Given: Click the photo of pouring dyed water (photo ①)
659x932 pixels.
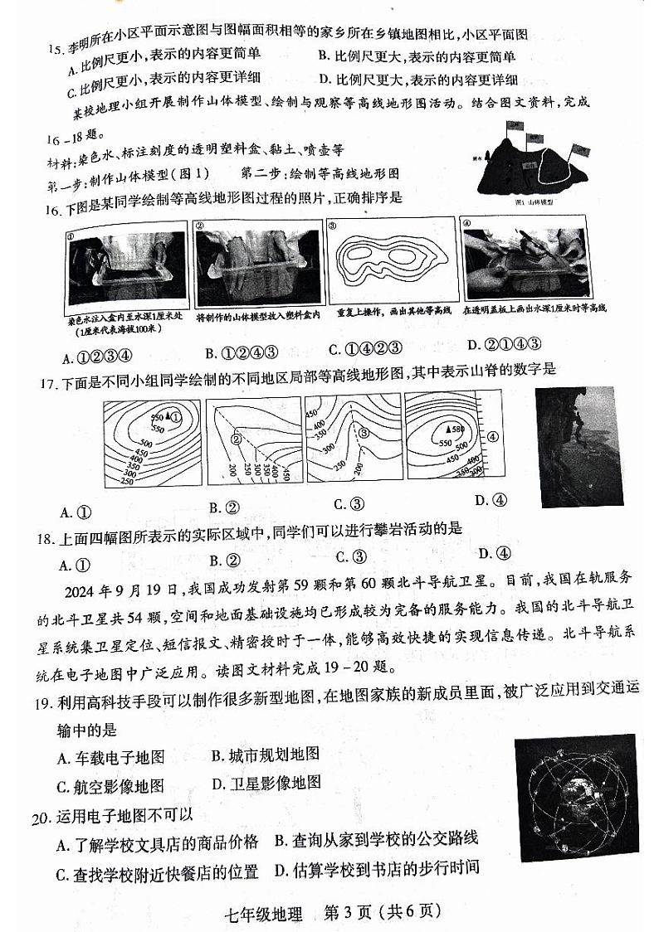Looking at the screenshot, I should pyautogui.click(x=124, y=264).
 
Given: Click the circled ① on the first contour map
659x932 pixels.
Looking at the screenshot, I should pyautogui.click(x=175, y=417).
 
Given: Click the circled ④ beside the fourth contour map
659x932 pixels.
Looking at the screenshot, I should pyautogui.click(x=492, y=436).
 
